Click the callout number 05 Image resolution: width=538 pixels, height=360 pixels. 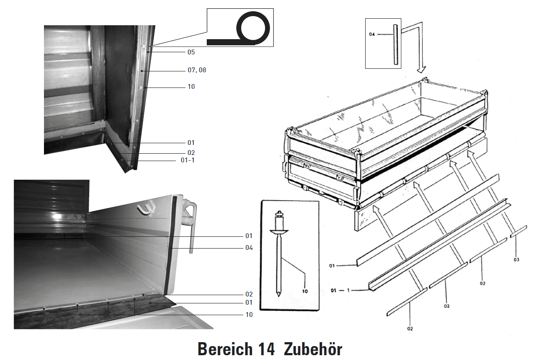[191, 52]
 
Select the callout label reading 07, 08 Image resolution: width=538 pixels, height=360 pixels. [197, 70]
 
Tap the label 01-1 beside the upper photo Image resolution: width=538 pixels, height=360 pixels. [188, 161]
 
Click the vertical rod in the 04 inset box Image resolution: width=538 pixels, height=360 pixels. [396, 45]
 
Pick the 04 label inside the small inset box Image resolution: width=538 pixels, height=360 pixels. [372, 34]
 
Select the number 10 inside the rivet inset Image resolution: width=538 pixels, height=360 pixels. [305, 291]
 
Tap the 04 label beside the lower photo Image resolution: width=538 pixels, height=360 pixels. [249, 248]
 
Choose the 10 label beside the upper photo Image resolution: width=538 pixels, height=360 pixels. [191, 87]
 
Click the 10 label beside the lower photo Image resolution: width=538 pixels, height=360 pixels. [249, 314]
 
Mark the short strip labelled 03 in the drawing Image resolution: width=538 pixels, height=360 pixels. [518, 232]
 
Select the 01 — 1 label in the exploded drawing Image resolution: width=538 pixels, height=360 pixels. [341, 289]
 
